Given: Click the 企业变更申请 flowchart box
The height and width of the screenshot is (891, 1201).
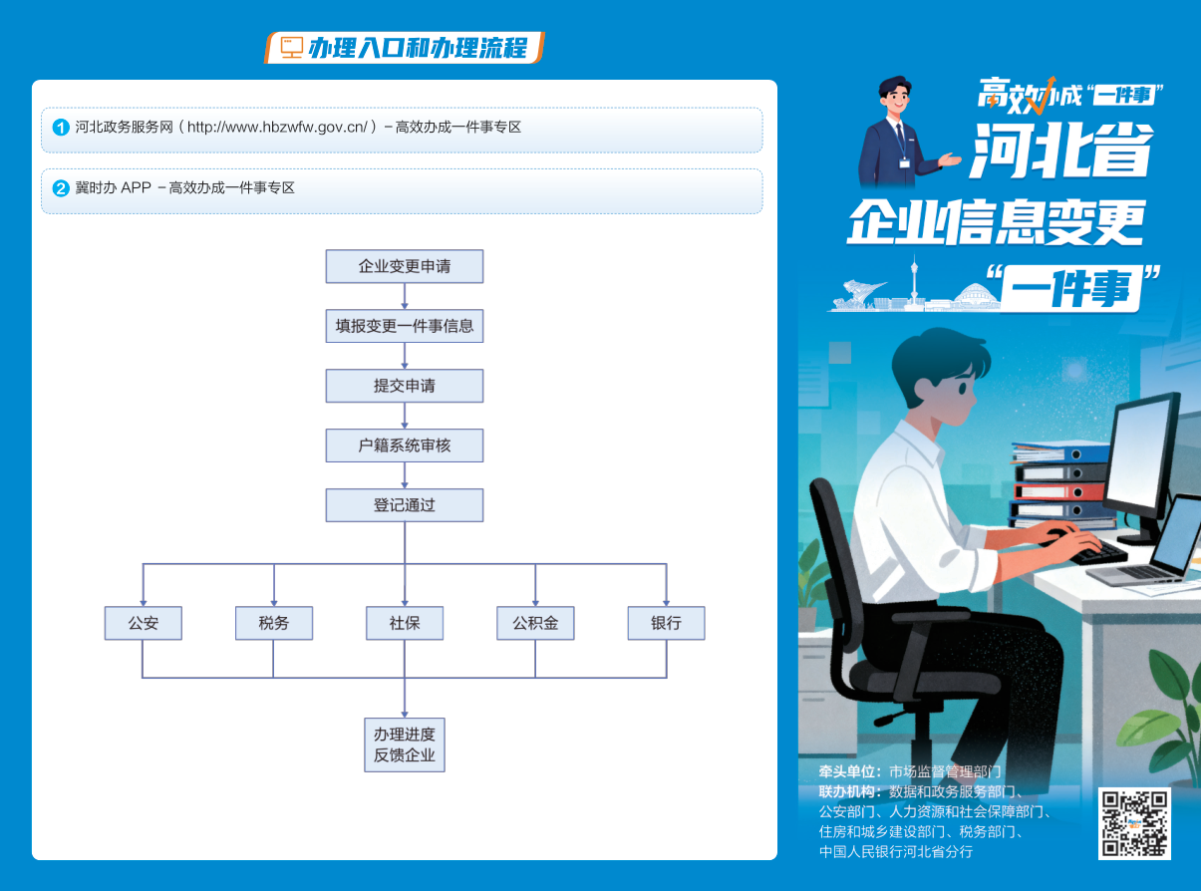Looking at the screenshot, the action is [405, 266].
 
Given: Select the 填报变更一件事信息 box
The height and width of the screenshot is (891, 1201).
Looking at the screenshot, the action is [405, 326].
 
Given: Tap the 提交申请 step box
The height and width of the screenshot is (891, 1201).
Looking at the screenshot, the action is [405, 386].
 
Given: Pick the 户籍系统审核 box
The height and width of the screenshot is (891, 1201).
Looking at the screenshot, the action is [405, 445].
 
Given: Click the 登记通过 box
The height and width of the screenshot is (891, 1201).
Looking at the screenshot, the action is [405, 505].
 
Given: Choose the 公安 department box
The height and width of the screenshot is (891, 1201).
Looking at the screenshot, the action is [143, 623].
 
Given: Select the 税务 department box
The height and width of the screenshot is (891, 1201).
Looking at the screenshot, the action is [274, 623].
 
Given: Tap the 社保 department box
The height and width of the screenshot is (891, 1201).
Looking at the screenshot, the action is [405, 623].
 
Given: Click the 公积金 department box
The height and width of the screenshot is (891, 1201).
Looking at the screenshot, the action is [535, 623].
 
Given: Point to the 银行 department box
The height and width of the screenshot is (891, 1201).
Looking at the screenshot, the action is [666, 623].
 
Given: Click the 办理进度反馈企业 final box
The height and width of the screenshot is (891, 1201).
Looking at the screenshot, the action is [405, 744].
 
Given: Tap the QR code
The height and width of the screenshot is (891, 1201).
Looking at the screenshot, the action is [1134, 823].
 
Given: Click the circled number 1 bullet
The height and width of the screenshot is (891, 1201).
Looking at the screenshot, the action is [61, 128].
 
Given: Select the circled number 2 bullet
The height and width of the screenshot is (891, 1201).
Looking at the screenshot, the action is [61, 188].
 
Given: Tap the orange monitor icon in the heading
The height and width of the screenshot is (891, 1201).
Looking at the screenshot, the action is [291, 48].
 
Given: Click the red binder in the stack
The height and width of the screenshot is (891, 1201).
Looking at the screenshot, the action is [1059, 491].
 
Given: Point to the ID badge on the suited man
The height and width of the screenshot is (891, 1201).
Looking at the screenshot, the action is [904, 162].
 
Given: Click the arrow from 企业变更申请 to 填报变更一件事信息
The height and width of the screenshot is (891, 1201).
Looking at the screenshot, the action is [405, 296].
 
